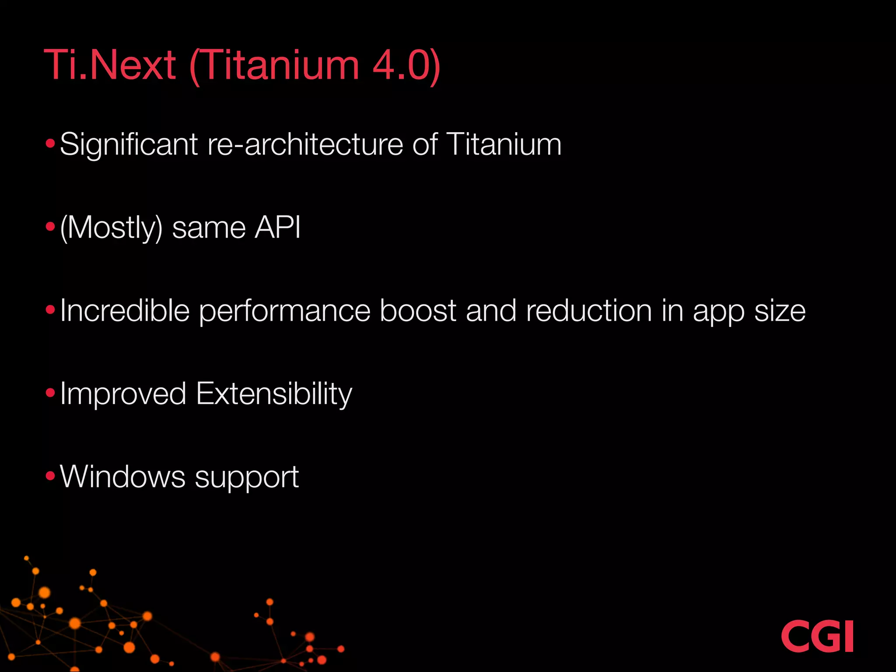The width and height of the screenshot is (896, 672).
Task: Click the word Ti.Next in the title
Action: point(110,65)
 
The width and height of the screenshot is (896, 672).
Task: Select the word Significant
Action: point(129,145)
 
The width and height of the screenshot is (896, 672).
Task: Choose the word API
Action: point(278,227)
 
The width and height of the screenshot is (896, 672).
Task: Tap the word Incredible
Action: point(125,311)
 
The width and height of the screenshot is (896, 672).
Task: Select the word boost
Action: point(418,311)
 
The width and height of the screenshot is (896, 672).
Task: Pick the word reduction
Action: point(589,311)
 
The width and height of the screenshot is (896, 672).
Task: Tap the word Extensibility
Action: point(274,394)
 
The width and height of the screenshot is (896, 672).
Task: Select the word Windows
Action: point(122,476)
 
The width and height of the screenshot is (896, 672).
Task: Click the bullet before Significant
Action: point(50,143)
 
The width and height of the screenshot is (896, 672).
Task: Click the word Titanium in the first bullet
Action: point(504,144)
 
